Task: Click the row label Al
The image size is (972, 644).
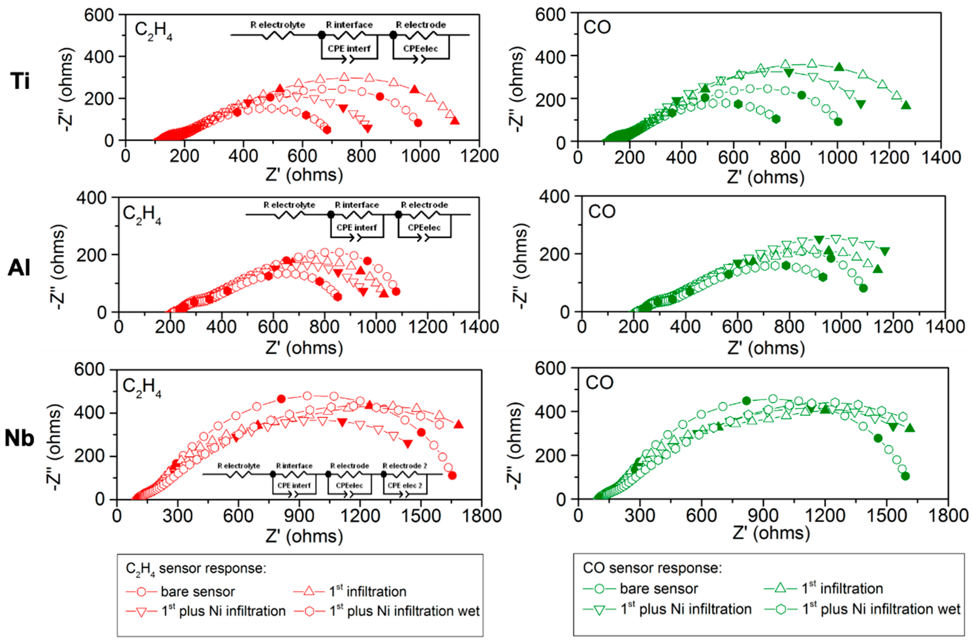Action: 19,268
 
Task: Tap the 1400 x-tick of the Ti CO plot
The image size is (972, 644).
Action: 941,158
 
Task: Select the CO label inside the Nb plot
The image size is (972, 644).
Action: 599,383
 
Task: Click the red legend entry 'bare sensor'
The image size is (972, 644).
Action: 197,592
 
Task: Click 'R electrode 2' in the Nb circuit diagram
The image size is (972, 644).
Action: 405,466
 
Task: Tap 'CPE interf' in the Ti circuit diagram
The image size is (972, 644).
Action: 349,49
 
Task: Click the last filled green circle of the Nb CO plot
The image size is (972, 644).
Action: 905,476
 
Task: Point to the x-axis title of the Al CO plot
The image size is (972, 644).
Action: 766,348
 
